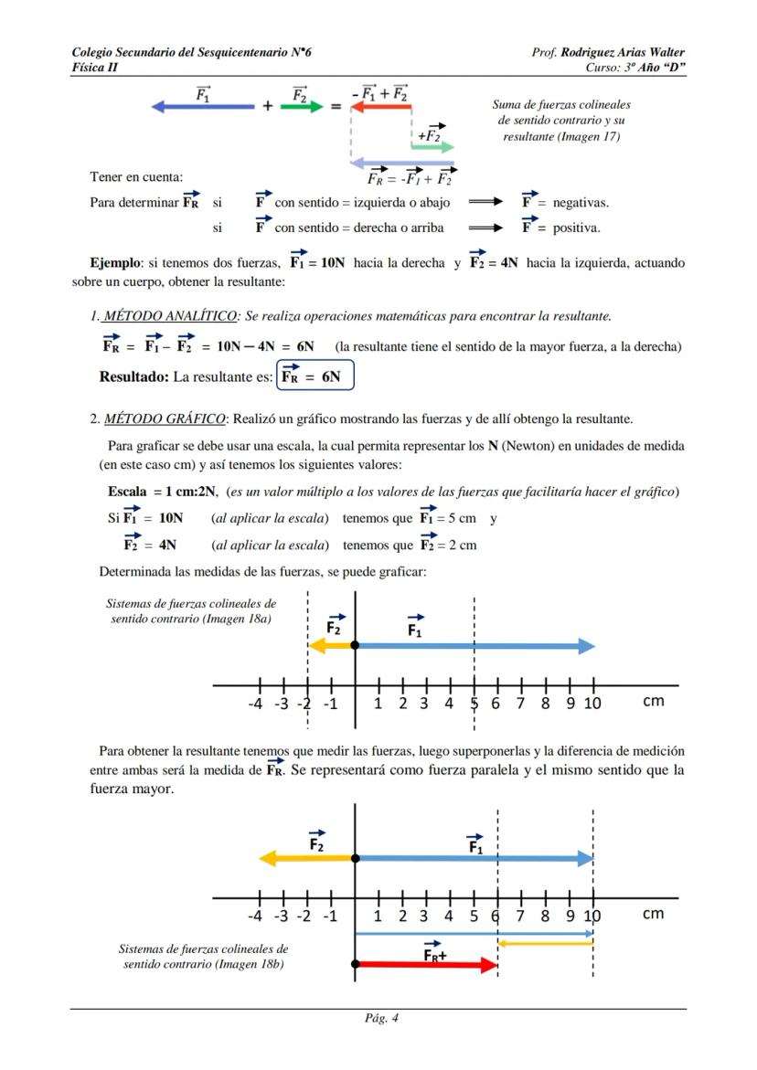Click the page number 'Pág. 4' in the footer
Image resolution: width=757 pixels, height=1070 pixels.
379,1018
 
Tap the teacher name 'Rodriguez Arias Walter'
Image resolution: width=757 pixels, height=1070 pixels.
623,52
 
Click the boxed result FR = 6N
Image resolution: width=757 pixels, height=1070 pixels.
315,376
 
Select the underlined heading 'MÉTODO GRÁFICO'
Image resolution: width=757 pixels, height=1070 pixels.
165,419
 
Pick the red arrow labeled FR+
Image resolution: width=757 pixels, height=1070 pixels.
426,964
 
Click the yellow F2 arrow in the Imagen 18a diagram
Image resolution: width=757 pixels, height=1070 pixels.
330,645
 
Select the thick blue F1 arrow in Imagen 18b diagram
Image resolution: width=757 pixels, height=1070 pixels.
474,859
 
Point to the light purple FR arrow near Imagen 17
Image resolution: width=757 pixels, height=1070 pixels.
402,162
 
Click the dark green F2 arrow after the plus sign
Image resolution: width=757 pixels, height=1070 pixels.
302,106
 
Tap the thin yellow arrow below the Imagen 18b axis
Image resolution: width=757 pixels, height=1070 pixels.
545,943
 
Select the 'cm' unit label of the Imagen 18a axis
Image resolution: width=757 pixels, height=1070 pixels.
654,702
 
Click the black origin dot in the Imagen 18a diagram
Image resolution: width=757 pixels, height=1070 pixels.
355,645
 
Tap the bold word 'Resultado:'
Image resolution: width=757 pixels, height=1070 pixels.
133,376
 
